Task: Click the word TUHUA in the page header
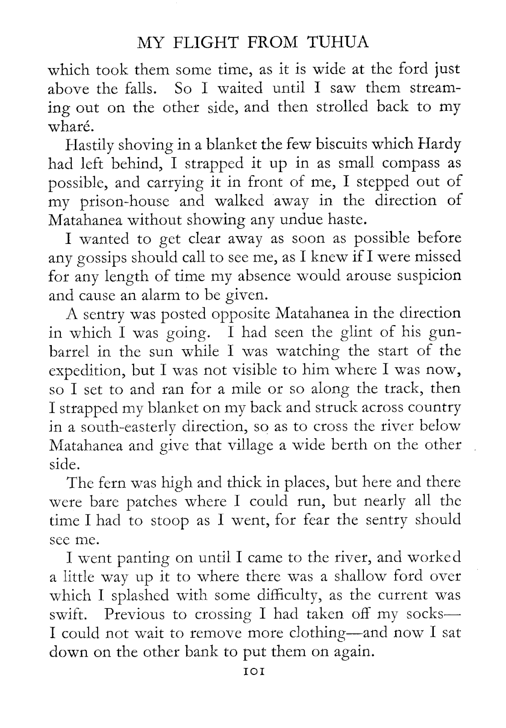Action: [x=339, y=42]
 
